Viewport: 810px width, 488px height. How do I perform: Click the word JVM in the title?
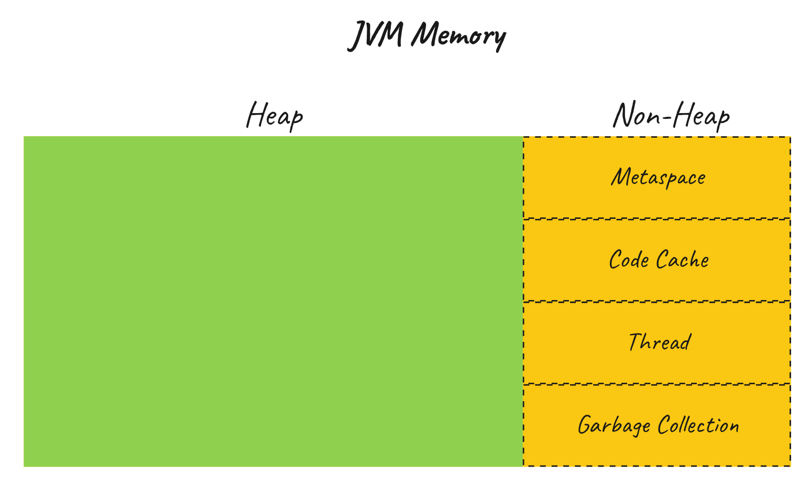[376, 36]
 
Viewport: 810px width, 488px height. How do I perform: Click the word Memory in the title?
[458, 36]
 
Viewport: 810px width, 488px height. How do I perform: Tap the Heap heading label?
[275, 115]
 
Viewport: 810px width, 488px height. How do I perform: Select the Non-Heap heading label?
[671, 115]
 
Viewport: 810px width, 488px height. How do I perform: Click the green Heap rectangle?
[272, 301]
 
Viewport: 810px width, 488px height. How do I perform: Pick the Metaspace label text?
[658, 178]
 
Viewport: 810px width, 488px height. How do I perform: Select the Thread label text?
[659, 342]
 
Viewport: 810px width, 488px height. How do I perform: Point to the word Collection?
[698, 425]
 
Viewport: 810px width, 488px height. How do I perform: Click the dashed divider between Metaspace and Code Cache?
[656, 219]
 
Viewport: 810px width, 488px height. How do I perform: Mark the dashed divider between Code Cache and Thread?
[656, 302]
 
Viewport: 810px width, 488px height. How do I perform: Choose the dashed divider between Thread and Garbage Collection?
[656, 384]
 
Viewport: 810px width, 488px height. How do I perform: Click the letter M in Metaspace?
[620, 177]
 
